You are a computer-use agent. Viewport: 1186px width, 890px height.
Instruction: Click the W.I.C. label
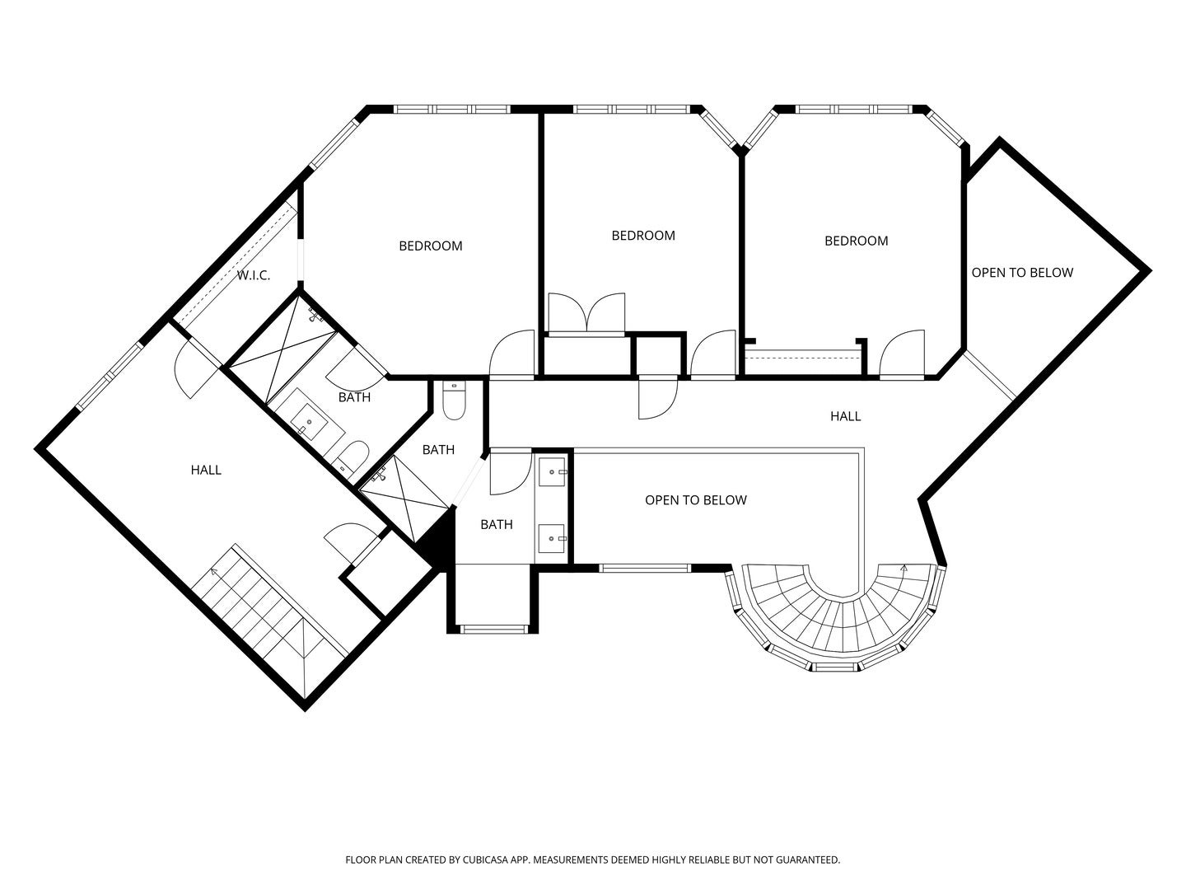(254, 275)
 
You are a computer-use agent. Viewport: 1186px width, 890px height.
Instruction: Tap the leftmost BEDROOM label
(431, 246)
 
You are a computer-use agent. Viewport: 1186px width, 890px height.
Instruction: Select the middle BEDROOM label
(643, 236)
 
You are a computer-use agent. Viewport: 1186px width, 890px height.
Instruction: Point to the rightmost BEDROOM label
(856, 241)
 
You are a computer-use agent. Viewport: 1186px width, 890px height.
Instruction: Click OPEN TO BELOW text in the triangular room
(1022, 273)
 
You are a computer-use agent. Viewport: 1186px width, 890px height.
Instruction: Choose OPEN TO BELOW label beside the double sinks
(696, 500)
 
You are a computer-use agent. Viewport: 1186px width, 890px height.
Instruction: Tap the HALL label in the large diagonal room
(206, 470)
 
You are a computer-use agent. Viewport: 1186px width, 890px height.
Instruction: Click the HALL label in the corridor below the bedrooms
(846, 416)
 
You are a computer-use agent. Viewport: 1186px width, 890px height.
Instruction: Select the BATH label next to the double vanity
(497, 524)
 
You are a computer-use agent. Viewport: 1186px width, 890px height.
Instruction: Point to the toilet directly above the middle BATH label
(454, 400)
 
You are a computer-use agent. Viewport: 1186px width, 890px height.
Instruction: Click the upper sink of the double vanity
(552, 471)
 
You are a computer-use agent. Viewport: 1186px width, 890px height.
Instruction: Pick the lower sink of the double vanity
(552, 539)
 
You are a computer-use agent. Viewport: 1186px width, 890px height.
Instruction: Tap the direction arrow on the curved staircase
(904, 568)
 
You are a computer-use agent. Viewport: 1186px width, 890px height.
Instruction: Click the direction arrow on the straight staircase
(214, 570)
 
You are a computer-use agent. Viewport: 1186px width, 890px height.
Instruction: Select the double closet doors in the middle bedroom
(586, 313)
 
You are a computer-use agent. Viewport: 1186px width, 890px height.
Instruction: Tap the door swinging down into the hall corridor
(657, 399)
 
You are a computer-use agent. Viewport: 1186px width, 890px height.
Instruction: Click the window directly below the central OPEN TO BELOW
(645, 568)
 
